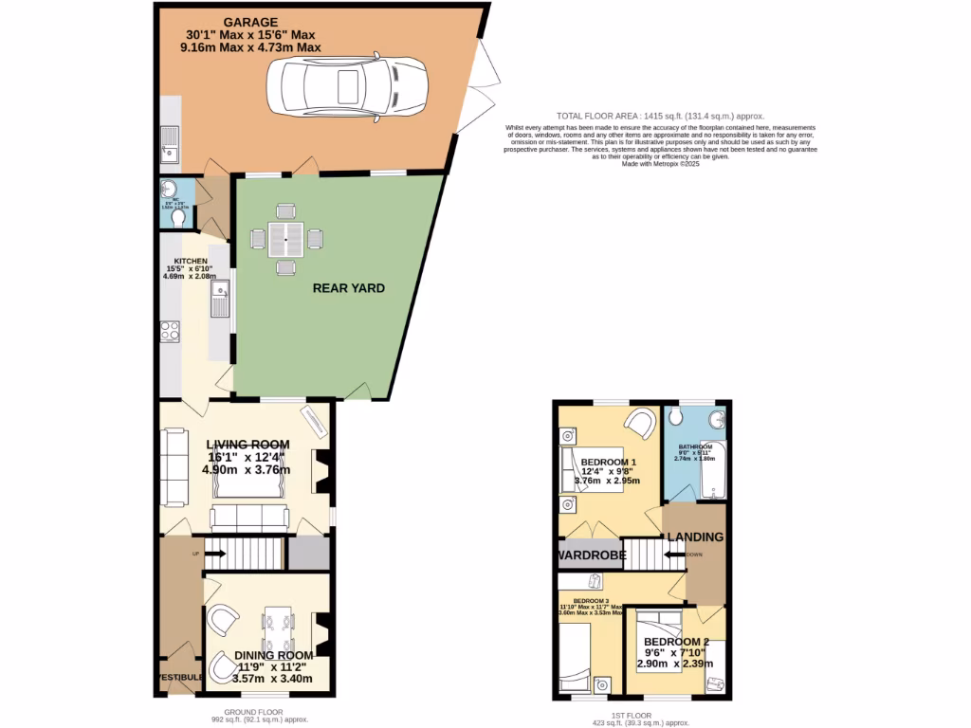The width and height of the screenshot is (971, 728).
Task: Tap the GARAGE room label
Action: click(x=251, y=22)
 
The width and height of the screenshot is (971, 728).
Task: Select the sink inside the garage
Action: click(x=170, y=146)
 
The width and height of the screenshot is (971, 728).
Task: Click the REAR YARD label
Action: click(x=349, y=288)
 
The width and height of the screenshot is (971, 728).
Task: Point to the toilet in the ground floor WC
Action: click(x=178, y=217)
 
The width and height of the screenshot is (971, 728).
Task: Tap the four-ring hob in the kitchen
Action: click(x=171, y=331)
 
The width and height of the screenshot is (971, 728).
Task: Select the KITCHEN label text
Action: click(x=190, y=261)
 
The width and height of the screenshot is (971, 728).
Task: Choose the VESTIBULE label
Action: click(x=179, y=677)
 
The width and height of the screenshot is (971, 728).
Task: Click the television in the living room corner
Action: click(x=313, y=421)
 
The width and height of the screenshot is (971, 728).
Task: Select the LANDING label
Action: click(x=695, y=537)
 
